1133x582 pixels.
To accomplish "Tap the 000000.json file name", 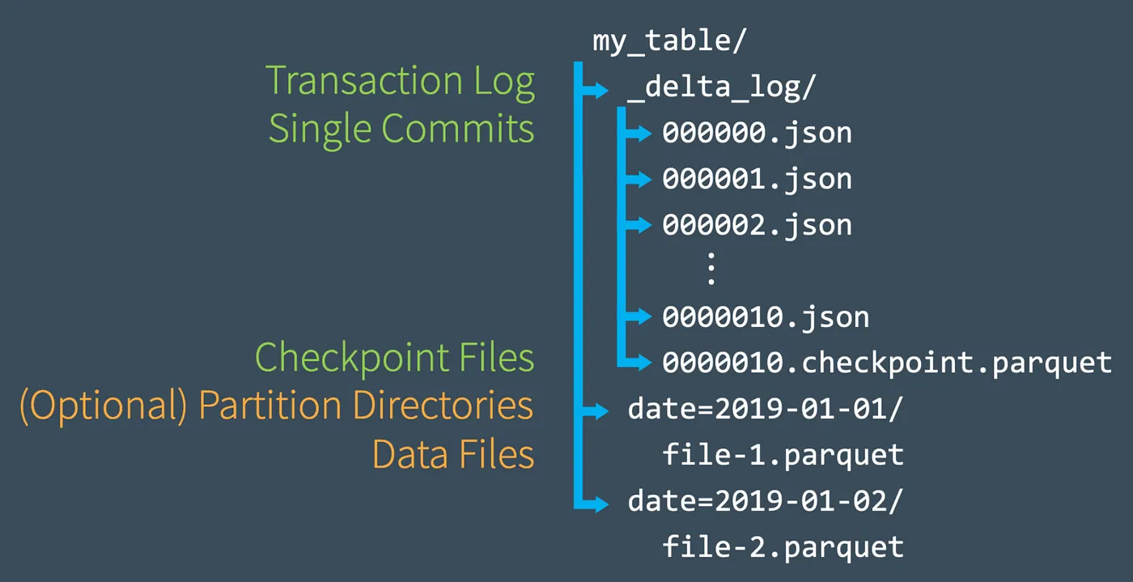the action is pos(757,133).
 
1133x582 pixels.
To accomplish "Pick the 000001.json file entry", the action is pos(757,179).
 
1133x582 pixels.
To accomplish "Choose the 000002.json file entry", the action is pos(757,225).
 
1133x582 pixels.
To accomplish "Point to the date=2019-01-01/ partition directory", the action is pos(765,410).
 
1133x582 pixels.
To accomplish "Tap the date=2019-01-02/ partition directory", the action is pos(765,502).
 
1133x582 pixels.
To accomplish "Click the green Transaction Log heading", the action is pos(401,81).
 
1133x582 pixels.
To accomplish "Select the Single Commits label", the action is pos(401,129).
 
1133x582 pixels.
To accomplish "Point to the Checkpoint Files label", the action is pos(395,358).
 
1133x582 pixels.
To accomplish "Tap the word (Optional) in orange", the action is pos(104,406).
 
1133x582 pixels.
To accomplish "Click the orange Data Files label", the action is pos(453,455).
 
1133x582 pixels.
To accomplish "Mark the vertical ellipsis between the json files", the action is pos(711,270).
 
